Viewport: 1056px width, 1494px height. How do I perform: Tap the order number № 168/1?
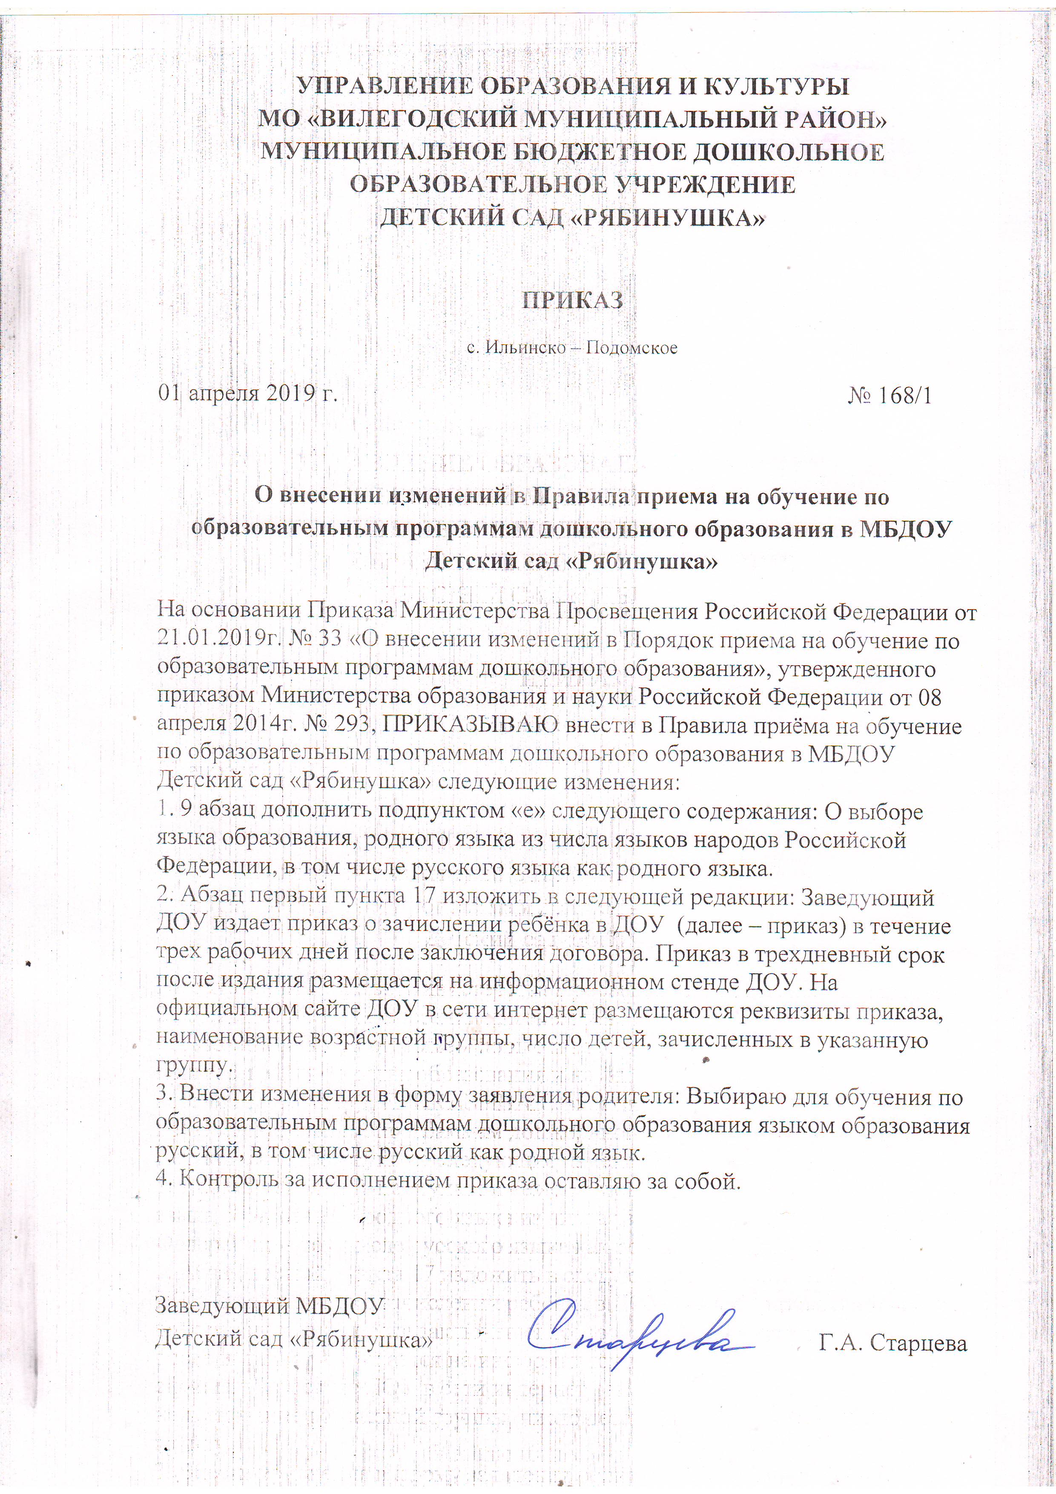[890, 396]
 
